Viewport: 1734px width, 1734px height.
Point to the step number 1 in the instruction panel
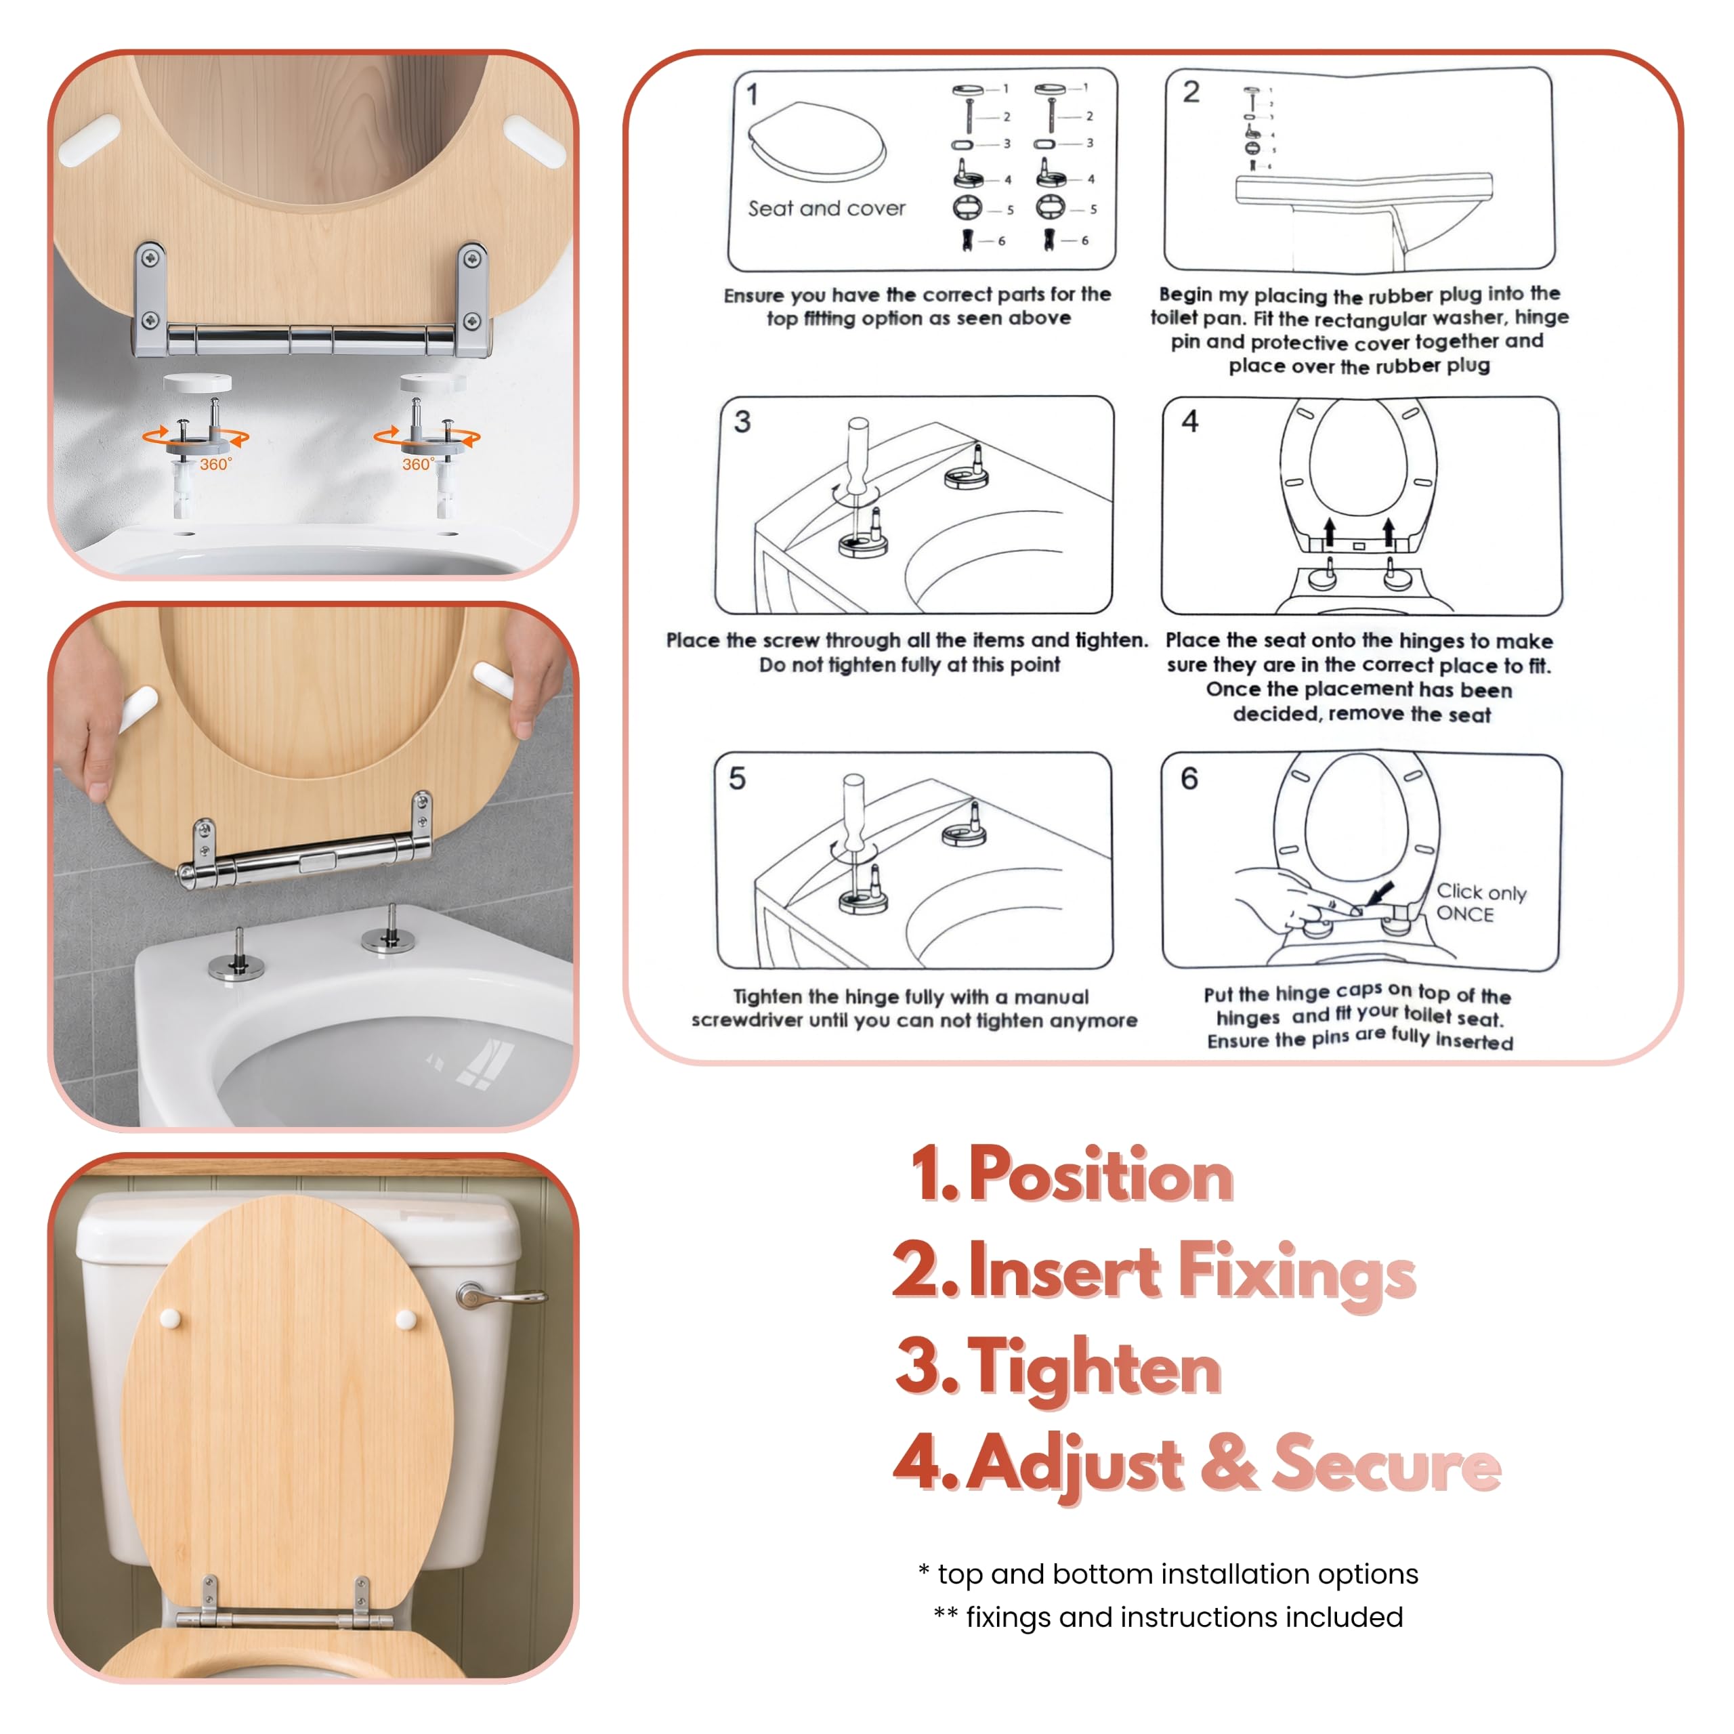pyautogui.click(x=752, y=94)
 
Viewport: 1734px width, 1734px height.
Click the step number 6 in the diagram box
pyautogui.click(x=1189, y=778)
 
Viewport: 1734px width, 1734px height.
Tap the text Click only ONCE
pyautogui.click(x=1480, y=903)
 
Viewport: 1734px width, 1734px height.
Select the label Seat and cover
pyautogui.click(x=826, y=208)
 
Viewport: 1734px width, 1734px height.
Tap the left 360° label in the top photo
pyautogui.click(x=215, y=464)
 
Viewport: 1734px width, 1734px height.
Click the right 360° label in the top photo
pyautogui.click(x=418, y=464)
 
